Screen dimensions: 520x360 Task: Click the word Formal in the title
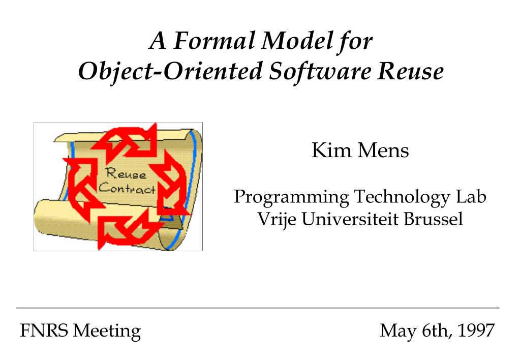215,41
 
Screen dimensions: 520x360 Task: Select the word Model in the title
297,41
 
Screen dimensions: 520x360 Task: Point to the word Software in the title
319,71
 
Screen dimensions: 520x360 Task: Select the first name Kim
331,150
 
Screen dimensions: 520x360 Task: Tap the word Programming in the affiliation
291,197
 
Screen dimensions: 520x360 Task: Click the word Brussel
433,219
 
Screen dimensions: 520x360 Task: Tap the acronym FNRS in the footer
44,330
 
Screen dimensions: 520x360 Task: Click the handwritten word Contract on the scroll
127,188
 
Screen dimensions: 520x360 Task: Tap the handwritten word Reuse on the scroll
126,173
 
